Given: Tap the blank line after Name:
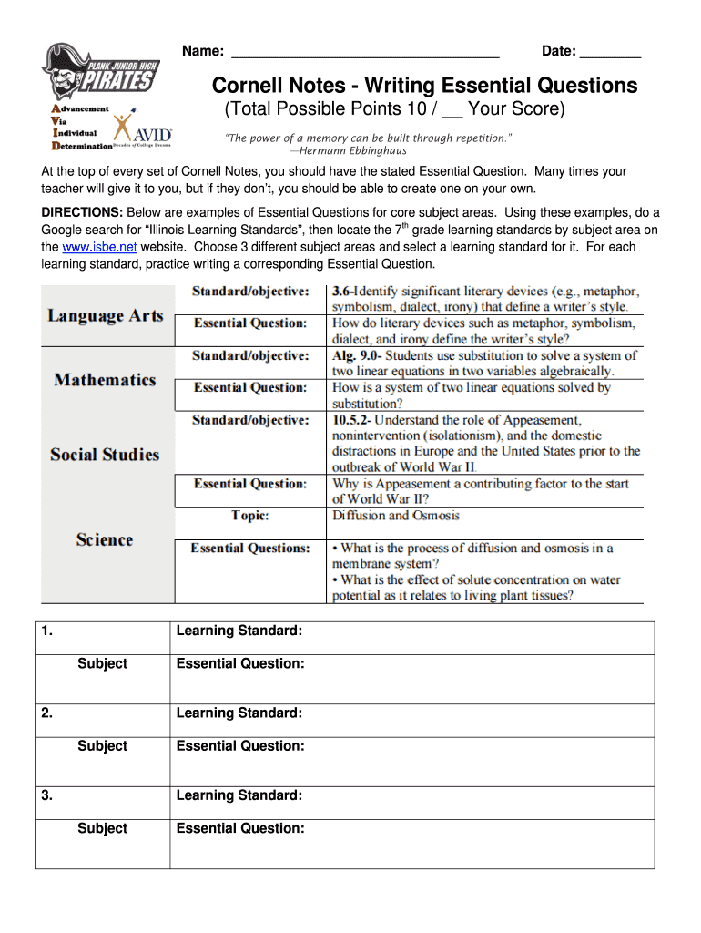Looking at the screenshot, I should point(364,52).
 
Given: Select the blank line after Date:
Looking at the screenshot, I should point(610,52).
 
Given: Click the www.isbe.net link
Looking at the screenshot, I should point(99,247).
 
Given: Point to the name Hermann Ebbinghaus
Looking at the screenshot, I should point(348,150).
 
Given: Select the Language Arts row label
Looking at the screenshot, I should point(106,316).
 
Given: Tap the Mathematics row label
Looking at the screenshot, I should point(105,380).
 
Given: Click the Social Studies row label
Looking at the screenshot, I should point(105,455).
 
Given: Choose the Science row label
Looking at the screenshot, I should point(105,540).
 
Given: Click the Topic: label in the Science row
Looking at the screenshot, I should point(249,516).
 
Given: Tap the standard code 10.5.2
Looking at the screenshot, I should point(351,420).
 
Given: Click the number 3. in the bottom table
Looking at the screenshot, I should point(46,795).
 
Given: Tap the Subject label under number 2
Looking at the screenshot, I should point(102,746).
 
